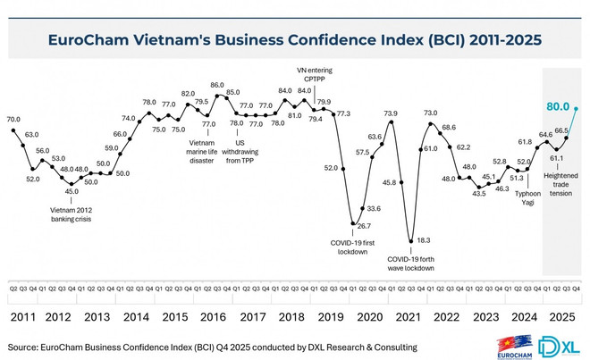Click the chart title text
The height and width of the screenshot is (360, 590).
coord(295,40)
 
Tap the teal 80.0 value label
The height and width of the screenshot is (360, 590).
coord(558,105)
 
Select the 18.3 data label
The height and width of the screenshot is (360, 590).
coord(425,240)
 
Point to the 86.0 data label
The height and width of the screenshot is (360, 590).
coord(217,86)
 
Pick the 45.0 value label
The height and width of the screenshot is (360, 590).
coord(72,190)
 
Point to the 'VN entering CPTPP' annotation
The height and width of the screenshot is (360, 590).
coord(315,76)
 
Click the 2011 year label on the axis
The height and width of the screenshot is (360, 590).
coord(24,315)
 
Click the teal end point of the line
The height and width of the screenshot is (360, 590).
coord(577,109)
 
